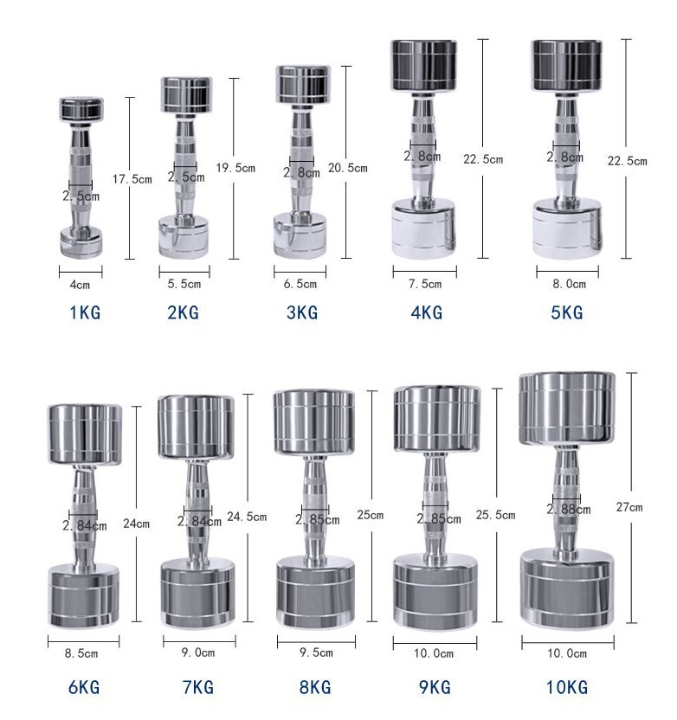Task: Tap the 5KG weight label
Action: coord(566,312)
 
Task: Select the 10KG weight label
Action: coord(566,688)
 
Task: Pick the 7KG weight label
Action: coord(197,688)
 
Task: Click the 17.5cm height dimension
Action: coord(132,179)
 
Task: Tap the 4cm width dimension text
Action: coord(80,284)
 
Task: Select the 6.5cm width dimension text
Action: coord(300,284)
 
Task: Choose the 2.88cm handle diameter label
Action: coord(569,510)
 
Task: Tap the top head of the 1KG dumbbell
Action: coord(81,108)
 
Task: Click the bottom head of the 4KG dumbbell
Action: coord(423,228)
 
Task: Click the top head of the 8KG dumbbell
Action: coord(313,422)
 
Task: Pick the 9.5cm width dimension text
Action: coord(315,654)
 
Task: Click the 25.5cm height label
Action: coord(495,515)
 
